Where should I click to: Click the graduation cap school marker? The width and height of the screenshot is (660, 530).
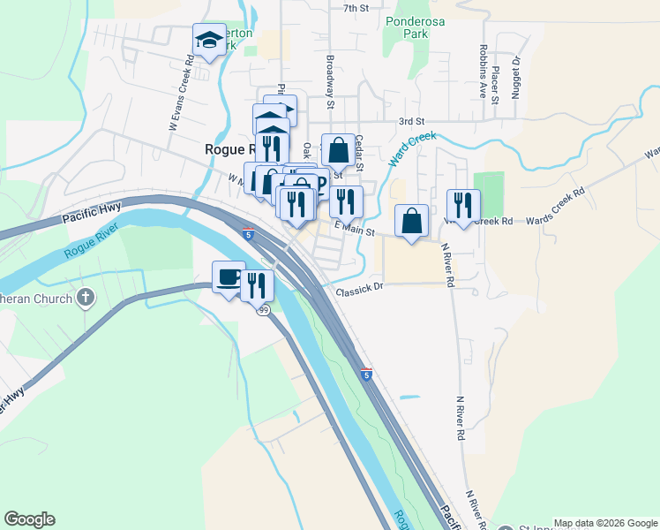pos(210,40)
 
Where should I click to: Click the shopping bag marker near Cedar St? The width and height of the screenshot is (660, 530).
pos(338,150)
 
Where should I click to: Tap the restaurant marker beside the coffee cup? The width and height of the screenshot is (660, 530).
pos(257,285)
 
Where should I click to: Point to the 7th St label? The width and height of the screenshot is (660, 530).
pos(356,8)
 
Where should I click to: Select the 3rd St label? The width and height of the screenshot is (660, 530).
pos(411,121)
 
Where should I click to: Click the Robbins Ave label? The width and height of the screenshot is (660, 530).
pos(483,72)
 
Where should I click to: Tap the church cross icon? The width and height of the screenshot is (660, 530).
pos(86,297)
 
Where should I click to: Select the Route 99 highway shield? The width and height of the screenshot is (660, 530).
pos(264,310)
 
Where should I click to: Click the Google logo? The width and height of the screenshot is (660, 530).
pos(29,519)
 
